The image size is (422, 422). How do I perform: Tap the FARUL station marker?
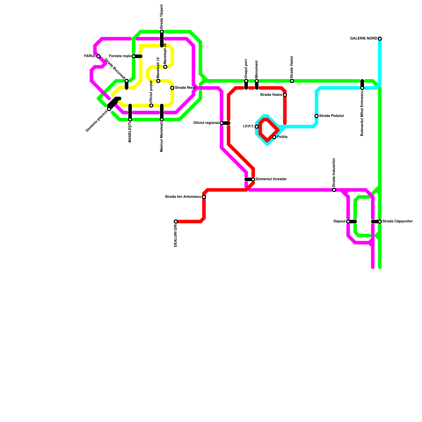pos(98,56)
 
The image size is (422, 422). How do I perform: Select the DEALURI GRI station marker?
pos(176,222)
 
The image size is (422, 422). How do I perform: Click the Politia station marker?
pos(274,137)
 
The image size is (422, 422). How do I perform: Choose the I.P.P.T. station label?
pos(248,127)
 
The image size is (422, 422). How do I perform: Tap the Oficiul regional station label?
pos(206,123)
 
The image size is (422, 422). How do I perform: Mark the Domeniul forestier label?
pos(271,179)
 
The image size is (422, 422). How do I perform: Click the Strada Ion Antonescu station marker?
pos(204,197)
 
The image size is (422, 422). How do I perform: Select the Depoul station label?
pos(339,222)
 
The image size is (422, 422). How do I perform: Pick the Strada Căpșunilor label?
pos(397,222)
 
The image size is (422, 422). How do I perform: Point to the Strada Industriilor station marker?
pos(334,190)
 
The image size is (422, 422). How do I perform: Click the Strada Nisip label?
pos(185,88)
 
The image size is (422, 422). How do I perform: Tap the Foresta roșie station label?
pos(120,56)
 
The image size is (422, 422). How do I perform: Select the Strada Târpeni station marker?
pos(162,32)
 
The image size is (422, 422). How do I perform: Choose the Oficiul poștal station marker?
pos(151,105)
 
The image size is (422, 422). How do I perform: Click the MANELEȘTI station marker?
pos(130,119)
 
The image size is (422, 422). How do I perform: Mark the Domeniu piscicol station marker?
pos(109,109)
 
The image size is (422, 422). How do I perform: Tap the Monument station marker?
pos(257,81)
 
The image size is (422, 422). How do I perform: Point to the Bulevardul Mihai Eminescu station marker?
pos(362,88)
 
